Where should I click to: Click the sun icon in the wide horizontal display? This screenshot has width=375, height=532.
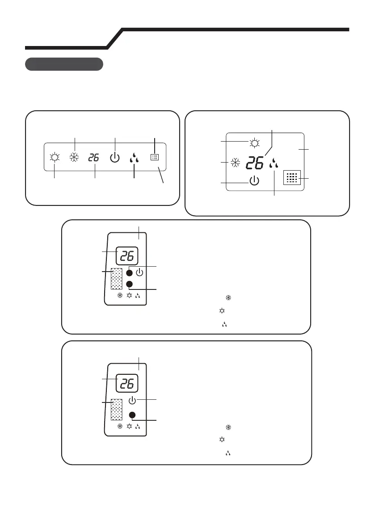point(55,158)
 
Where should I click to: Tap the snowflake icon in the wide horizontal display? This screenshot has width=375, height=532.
point(74,158)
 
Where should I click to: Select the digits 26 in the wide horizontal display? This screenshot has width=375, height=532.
point(94,158)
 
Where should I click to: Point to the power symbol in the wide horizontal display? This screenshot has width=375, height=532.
point(115,158)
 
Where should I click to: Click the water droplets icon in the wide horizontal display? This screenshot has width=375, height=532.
point(134,158)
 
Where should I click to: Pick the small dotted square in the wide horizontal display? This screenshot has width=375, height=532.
point(154,157)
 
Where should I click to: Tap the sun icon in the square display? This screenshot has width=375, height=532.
point(255,143)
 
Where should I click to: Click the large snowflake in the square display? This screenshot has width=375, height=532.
point(236,163)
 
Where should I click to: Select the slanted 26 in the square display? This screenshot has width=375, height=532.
point(255,163)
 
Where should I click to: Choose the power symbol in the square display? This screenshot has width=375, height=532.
point(254,181)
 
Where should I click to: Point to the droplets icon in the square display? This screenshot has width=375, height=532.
point(274,164)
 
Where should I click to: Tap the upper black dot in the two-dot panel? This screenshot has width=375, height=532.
point(129,272)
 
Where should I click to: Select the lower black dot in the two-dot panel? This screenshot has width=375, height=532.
point(129,285)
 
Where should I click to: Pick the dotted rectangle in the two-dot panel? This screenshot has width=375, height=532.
point(116,280)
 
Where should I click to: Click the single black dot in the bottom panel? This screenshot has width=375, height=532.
point(132,415)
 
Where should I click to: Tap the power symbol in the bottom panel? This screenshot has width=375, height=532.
point(132,400)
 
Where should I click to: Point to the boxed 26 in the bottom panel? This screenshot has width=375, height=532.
point(127,383)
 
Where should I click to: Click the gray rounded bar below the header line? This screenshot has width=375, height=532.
point(64,64)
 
